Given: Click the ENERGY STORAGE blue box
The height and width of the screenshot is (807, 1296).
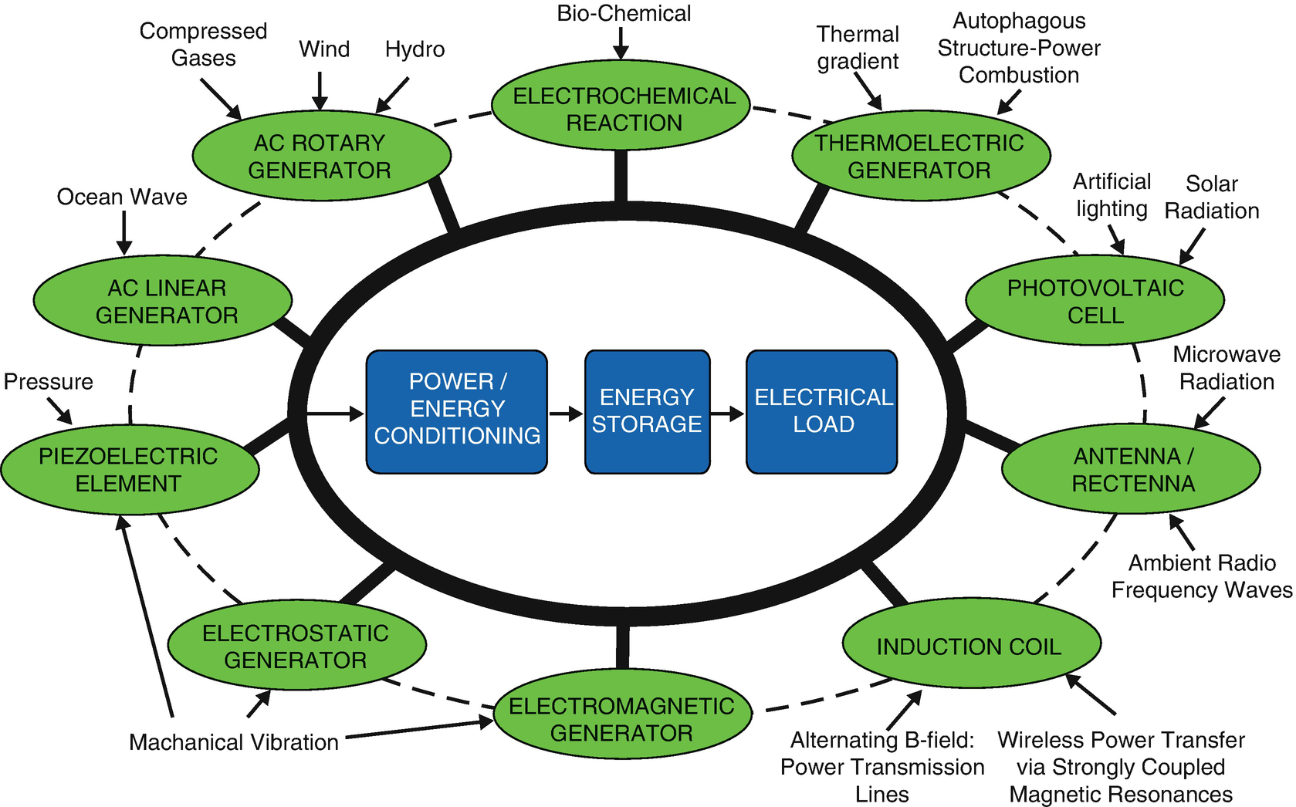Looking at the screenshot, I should coord(647,411).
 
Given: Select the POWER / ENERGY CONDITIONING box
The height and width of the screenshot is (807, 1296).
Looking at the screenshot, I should coord(456,411).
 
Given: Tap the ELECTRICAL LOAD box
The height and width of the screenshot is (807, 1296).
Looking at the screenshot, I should coord(821,411).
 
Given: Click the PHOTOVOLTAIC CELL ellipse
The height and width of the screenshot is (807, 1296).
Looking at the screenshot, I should coord(1095,301).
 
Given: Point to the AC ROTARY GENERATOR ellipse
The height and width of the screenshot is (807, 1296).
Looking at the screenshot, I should coord(320,156).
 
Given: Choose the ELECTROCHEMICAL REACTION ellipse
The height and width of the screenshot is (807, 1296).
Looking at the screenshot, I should coord(621,108).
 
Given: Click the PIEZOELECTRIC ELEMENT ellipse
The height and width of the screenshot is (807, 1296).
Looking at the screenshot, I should coord(129,469).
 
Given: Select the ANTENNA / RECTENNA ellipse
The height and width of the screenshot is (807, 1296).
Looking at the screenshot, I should coord(1131,469).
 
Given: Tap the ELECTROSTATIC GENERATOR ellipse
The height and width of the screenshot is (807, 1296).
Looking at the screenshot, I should coord(296,646).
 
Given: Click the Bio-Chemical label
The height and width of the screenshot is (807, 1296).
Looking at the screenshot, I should coord(624,13).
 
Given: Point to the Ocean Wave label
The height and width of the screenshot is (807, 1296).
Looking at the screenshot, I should coord(122,197).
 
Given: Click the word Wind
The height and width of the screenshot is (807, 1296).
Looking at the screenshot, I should coord(324,49).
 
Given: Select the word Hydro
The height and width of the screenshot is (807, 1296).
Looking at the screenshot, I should coord(415,49).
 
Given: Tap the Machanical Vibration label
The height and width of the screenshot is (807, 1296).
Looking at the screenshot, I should coord(234,742).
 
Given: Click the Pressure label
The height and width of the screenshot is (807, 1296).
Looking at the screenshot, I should coord(48,382).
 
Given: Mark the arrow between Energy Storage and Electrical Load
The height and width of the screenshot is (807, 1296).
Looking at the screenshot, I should coord(726,414).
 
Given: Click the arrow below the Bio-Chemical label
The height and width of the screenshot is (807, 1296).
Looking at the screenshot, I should coord(621,43).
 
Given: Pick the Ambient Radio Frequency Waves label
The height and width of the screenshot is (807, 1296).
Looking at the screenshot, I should coord(1201,576).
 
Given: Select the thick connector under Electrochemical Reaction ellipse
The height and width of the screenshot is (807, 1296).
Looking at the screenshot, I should coord(621,176).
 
